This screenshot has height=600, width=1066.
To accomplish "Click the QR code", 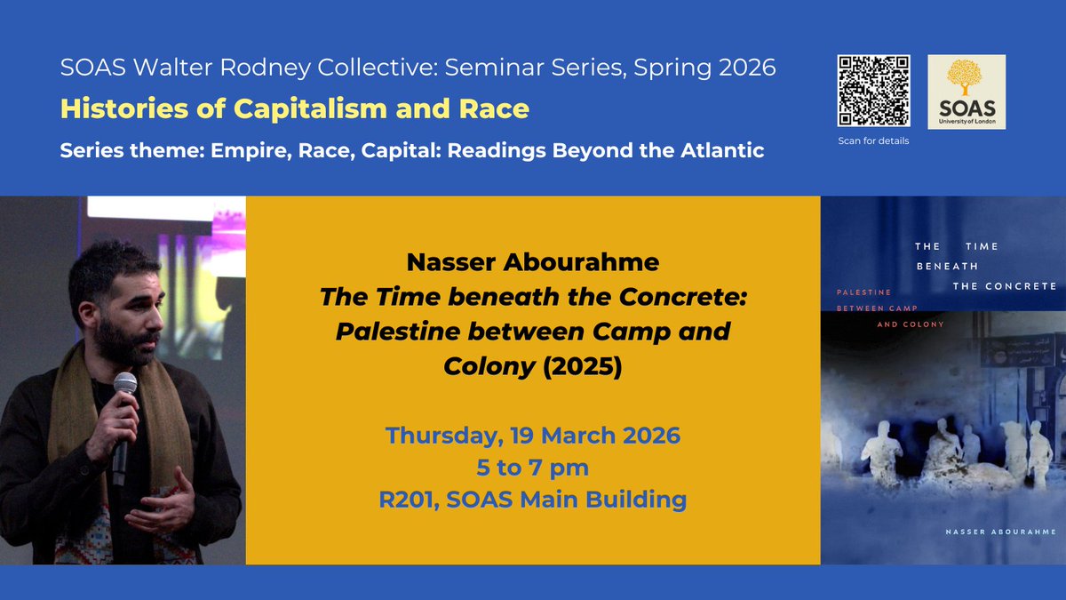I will (874, 91).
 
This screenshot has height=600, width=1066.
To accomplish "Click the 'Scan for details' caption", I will (874, 140).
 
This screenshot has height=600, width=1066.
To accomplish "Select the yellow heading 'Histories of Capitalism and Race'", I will (294, 108).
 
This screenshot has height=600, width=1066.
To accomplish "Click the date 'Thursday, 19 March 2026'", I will (532, 436).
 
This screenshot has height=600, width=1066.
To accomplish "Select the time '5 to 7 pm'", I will (532, 468).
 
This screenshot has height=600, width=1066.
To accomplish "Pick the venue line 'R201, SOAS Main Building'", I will (532, 500).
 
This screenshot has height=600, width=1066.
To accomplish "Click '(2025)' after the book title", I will (584, 365).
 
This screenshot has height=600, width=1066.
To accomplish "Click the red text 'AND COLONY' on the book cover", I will (911, 324).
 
